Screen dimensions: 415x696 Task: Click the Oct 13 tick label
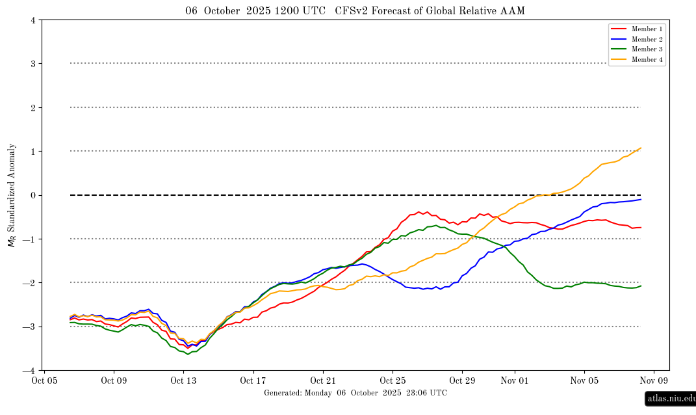(x=183, y=381)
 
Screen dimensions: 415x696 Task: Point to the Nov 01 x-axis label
(x=515, y=381)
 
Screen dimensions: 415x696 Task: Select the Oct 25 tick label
(x=393, y=381)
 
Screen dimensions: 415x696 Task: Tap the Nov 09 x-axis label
(x=654, y=381)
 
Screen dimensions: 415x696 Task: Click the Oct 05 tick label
(x=44, y=381)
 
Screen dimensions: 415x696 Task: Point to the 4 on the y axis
(x=33, y=20)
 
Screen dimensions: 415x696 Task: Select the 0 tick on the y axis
(x=33, y=195)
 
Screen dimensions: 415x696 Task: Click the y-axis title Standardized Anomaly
(x=12, y=195)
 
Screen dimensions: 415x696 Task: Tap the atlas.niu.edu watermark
(x=671, y=399)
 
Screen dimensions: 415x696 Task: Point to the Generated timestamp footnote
(x=355, y=393)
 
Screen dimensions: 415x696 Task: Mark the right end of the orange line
(x=641, y=148)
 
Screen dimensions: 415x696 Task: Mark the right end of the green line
(x=641, y=286)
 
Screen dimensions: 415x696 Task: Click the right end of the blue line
(x=641, y=199)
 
